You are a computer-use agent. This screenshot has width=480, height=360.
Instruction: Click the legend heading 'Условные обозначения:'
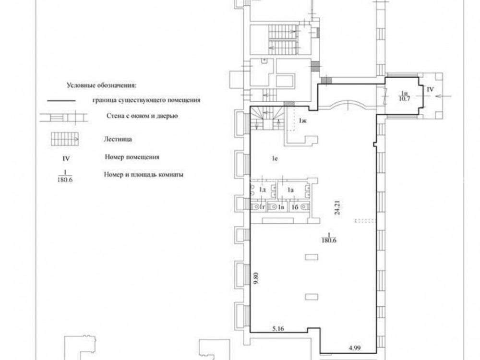click(101, 85)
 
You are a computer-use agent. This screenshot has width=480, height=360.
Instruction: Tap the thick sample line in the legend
click(61, 100)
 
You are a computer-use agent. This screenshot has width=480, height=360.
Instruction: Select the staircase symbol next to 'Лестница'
click(65, 139)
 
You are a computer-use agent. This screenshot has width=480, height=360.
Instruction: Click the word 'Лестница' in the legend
click(118, 139)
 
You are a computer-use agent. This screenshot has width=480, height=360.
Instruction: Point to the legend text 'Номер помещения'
click(132, 157)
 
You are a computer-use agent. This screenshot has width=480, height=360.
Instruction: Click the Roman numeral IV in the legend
click(66, 158)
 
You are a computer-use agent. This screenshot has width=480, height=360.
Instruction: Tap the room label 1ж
click(303, 120)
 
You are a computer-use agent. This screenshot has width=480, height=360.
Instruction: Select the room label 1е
click(275, 158)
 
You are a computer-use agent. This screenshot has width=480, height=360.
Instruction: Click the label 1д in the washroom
click(263, 190)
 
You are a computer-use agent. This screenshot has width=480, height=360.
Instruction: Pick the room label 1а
click(290, 190)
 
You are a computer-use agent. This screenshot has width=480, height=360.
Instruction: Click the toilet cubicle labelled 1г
click(262, 207)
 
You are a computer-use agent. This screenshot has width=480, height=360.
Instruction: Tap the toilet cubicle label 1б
click(295, 207)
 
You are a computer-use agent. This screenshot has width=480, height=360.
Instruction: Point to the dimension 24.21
click(337, 207)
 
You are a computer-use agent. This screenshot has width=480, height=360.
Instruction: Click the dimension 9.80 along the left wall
click(256, 279)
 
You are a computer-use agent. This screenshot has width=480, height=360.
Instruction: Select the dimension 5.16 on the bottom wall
click(278, 329)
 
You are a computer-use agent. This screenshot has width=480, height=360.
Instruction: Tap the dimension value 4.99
click(355, 348)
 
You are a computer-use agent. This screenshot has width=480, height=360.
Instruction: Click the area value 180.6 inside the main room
click(329, 240)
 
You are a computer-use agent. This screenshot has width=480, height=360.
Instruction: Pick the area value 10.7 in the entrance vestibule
click(405, 98)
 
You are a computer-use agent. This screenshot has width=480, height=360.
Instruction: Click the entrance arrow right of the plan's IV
click(443, 96)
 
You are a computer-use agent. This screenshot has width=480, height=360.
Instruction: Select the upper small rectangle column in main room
click(312, 257)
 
